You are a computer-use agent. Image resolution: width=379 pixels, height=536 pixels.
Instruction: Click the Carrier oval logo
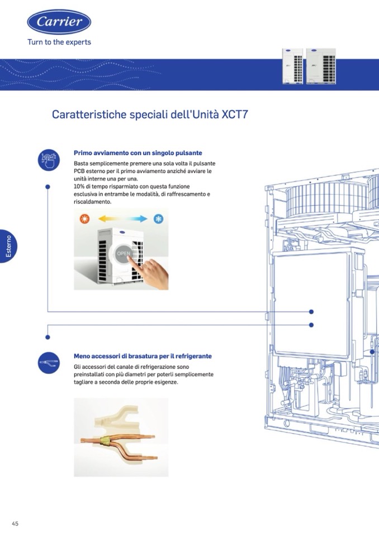click(x=59, y=22)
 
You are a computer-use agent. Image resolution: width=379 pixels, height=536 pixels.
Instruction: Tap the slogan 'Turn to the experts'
click(x=59, y=42)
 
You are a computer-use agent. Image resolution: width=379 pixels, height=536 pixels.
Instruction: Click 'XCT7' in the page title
click(x=235, y=114)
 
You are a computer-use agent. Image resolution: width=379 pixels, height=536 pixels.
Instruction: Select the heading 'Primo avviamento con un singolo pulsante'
click(x=138, y=153)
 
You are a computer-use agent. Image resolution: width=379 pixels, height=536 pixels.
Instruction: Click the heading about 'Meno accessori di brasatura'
click(x=143, y=356)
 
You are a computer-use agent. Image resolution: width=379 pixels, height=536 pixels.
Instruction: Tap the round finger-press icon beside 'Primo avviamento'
click(x=49, y=160)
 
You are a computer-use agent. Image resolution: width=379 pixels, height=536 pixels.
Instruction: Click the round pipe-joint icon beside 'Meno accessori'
click(x=49, y=363)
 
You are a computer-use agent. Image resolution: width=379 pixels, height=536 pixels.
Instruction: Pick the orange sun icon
click(x=84, y=219)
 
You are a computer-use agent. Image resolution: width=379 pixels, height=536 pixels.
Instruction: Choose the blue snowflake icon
click(x=158, y=219)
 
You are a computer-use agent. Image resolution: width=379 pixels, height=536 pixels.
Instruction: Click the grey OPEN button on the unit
click(x=124, y=253)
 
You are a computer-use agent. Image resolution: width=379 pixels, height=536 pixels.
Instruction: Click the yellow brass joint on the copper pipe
click(x=105, y=441)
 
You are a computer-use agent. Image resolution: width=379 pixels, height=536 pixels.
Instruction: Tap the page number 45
click(x=15, y=523)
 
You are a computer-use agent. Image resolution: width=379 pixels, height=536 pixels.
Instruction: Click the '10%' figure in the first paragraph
click(x=79, y=186)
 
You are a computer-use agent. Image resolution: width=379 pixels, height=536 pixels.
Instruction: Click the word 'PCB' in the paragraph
click(x=79, y=171)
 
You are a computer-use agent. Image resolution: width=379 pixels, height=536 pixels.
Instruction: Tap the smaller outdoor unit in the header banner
click(x=292, y=67)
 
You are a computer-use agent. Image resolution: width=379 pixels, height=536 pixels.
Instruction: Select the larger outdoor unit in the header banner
click(x=321, y=67)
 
